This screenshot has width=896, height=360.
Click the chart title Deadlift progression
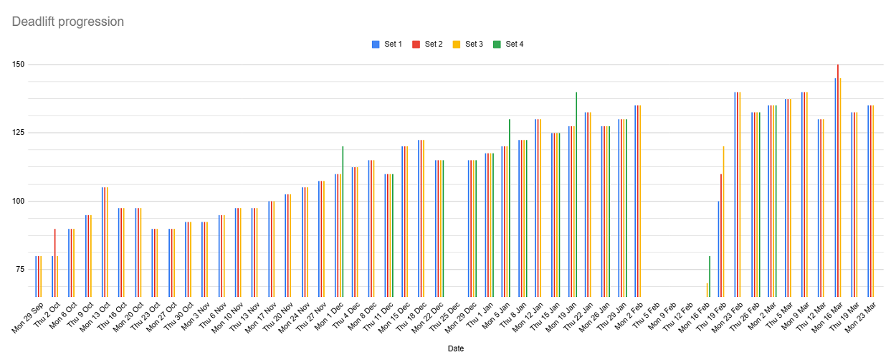(x=68, y=22)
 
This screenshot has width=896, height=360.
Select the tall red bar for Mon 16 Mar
(x=837, y=179)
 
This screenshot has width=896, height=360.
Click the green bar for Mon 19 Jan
(x=576, y=194)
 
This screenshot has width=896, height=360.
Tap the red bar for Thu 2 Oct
(x=54, y=262)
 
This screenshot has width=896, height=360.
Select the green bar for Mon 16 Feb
(x=710, y=276)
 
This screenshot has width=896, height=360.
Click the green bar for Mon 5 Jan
(x=510, y=208)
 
